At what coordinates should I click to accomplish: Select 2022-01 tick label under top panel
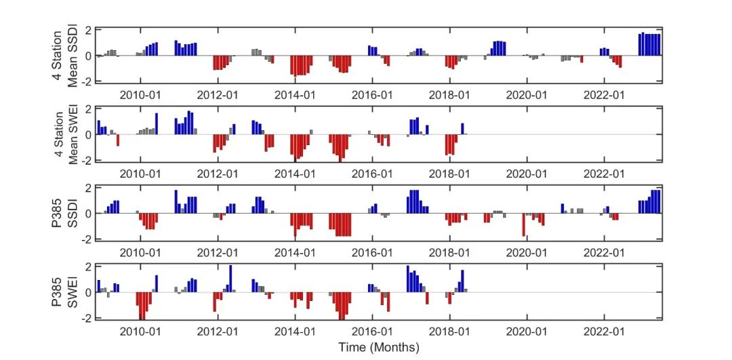604,95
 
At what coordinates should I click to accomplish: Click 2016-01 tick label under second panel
372,174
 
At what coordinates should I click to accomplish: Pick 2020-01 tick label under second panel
527,174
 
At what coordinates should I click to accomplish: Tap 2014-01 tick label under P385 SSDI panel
295,253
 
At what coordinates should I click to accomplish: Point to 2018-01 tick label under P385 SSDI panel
449,253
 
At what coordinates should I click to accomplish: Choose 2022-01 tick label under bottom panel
604,332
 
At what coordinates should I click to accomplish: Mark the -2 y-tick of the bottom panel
86,318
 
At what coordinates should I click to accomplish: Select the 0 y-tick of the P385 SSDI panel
88,213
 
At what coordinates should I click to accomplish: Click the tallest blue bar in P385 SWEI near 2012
230,279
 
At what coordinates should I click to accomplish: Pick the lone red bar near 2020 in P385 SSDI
523,225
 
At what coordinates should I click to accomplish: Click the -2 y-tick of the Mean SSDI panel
86,81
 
